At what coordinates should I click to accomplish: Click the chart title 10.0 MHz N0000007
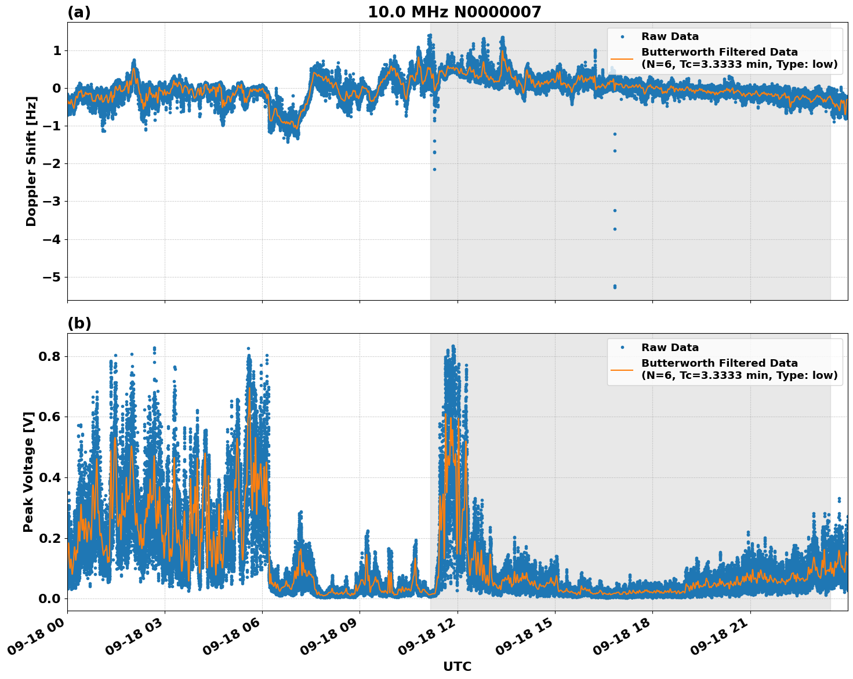pyautogui.click(x=454, y=12)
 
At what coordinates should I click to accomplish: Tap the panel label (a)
pyautogui.click(x=79, y=12)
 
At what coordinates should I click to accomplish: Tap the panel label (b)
pyautogui.click(x=79, y=323)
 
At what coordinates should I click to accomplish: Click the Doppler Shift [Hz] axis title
pyautogui.click(x=31, y=161)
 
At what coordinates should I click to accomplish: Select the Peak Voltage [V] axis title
pyautogui.click(x=28, y=472)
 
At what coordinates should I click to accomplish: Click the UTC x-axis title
pyautogui.click(x=457, y=666)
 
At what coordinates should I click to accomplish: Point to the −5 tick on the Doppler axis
pyautogui.click(x=51, y=277)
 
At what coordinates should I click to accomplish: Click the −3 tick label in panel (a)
pyautogui.click(x=51, y=202)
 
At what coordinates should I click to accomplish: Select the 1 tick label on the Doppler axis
pyautogui.click(x=57, y=51)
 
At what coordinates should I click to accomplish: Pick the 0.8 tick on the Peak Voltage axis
pyautogui.click(x=50, y=356)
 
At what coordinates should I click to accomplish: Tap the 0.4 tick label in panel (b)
pyautogui.click(x=50, y=477)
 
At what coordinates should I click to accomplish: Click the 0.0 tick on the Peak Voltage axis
pyautogui.click(x=50, y=598)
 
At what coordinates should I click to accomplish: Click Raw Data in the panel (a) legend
pyautogui.click(x=670, y=36)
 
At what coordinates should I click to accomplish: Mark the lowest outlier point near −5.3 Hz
pyautogui.click(x=615, y=287)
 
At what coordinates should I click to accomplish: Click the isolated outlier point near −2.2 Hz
pyautogui.click(x=434, y=169)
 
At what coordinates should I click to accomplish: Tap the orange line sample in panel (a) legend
pyautogui.click(x=622, y=58)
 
